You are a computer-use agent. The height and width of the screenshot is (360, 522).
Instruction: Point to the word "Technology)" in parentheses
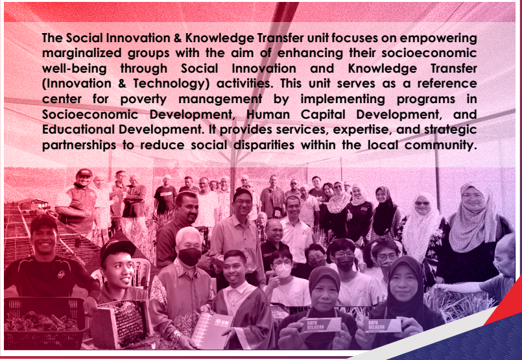(x=171, y=84)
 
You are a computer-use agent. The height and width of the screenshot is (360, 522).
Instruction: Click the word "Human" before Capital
(x=268, y=115)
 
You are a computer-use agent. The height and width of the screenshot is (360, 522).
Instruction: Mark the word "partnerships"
(x=79, y=145)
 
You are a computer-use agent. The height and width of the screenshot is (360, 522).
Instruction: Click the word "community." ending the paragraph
(x=441, y=145)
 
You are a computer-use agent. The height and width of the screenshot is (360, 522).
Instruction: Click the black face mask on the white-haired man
(x=189, y=256)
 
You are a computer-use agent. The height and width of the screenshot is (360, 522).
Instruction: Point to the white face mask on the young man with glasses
(x=282, y=270)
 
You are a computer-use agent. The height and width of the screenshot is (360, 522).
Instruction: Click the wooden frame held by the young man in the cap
(x=121, y=322)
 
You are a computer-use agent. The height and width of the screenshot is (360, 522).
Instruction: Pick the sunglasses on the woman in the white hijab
(x=422, y=203)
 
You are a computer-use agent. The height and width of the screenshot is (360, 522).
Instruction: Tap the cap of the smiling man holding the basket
(x=43, y=222)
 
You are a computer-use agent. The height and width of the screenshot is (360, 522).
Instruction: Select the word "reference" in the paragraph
(x=447, y=84)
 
